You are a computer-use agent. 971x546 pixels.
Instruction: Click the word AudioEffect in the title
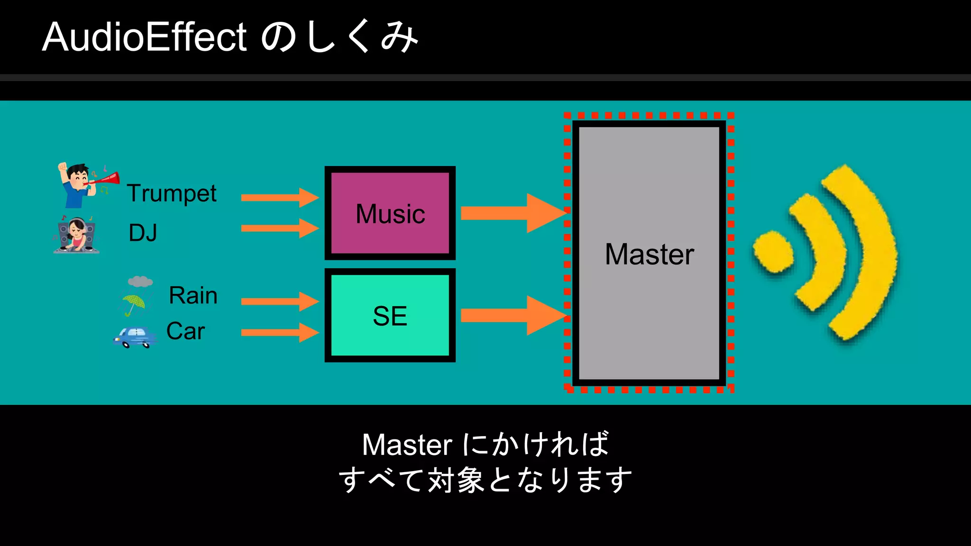144,37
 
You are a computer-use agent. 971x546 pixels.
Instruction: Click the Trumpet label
172,193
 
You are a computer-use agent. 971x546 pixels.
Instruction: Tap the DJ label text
143,233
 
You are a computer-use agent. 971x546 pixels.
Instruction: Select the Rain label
193,295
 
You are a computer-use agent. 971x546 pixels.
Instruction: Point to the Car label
185,331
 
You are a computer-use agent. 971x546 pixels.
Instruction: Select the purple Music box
390,213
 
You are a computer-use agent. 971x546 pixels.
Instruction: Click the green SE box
390,316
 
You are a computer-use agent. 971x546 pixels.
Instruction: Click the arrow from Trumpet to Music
280,198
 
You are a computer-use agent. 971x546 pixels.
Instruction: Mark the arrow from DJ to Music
280,228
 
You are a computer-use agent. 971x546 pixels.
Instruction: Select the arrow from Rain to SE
280,301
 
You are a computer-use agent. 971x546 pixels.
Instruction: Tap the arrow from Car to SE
280,332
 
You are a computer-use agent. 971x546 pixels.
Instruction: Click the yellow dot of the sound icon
773,252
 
